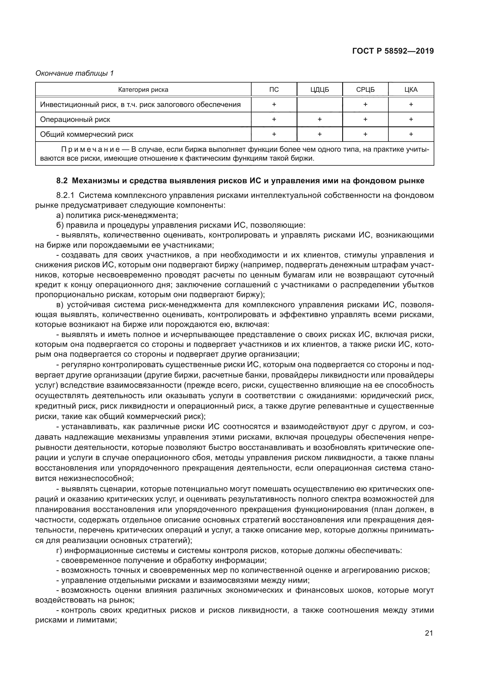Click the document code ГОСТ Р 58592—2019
point(393,51)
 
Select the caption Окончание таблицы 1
point(75,73)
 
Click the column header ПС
point(274,90)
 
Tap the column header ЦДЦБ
point(319,90)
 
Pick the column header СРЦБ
point(365,90)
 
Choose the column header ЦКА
point(411,90)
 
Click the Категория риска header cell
point(143,90)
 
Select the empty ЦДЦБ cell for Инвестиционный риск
point(319,104)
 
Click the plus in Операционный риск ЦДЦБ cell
point(319,119)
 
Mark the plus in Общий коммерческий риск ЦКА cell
point(411,134)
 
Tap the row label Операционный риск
point(75,119)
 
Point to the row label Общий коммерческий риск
point(86,134)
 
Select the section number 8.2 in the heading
point(62,181)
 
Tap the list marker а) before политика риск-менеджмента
point(60,215)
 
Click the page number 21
point(429,633)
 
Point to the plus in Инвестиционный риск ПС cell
point(274,104)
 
